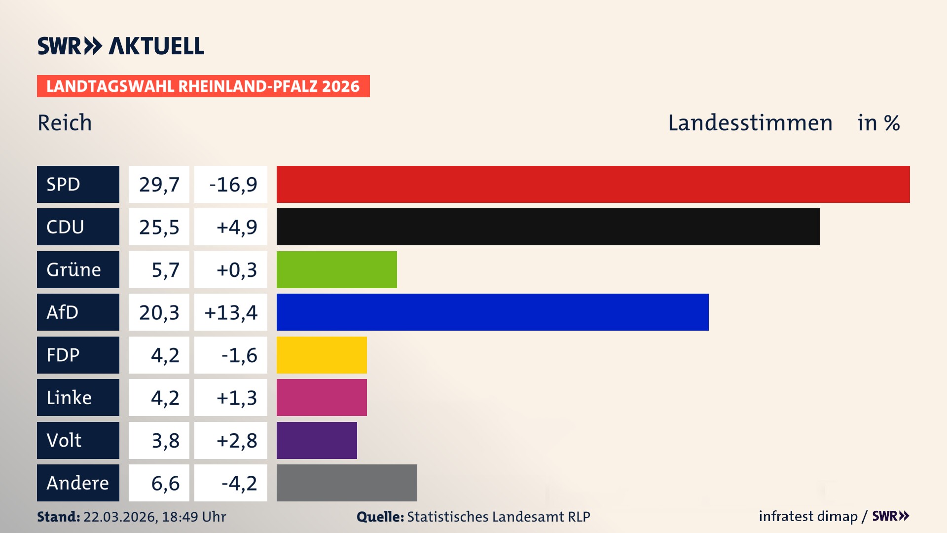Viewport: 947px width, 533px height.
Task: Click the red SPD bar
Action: pos(593,184)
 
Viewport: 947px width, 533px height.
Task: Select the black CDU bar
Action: pos(547,227)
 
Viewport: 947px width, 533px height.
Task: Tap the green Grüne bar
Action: pos(336,269)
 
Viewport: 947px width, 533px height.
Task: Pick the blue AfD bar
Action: pos(492,312)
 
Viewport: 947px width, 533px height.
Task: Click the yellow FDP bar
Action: pos(322,355)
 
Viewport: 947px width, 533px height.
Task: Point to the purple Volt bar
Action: pos(317,440)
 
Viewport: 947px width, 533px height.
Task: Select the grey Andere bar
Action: pos(347,483)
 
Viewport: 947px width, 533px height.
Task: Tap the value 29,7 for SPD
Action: pos(159,184)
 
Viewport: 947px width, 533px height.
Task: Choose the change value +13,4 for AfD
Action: pos(231,312)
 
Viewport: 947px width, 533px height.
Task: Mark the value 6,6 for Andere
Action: pos(165,483)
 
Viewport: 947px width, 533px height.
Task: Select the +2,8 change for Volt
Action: pos(236,440)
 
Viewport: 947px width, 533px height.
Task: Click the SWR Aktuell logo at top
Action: pos(121,46)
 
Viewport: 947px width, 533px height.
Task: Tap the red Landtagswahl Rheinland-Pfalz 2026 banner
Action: pos(203,86)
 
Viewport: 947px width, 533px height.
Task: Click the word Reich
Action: pos(65,123)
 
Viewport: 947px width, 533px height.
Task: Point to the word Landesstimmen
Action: pos(750,123)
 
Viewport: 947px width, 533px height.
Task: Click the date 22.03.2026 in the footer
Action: pos(120,517)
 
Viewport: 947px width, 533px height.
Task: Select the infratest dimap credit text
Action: pos(808,516)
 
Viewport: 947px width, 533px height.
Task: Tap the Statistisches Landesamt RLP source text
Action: pos(498,517)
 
